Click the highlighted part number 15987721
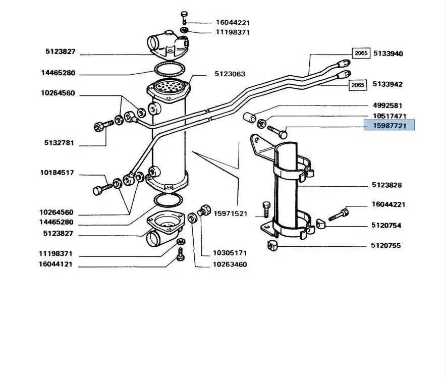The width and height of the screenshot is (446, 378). [x=389, y=125]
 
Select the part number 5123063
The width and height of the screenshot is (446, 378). [x=230, y=74]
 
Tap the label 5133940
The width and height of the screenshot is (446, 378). [x=387, y=53]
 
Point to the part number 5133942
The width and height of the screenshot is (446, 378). [x=387, y=84]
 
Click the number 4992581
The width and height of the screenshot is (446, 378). [x=387, y=105]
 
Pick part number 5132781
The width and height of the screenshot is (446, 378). [x=59, y=143]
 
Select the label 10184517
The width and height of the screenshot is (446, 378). [x=57, y=173]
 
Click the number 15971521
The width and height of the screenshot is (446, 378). [x=230, y=213]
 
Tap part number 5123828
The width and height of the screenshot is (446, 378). [x=387, y=185]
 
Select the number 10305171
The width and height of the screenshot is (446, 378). [x=230, y=253]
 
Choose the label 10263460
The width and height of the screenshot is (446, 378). [x=230, y=264]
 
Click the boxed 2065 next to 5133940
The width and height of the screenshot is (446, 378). [x=361, y=53]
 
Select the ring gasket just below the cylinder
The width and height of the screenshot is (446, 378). [x=168, y=200]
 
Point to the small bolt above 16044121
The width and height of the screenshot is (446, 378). [x=181, y=257]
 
